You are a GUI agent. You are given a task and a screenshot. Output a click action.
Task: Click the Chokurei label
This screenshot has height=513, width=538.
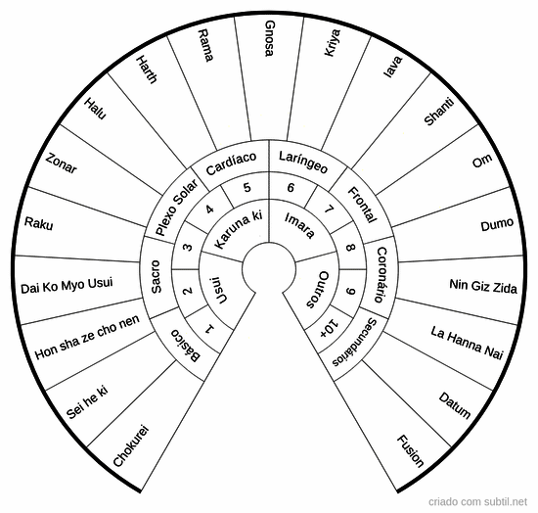[x=131, y=446]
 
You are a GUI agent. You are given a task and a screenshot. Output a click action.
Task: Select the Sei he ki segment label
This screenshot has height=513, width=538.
[x=87, y=402]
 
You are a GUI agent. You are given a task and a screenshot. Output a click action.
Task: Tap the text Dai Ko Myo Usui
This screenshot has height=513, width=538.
[x=67, y=286]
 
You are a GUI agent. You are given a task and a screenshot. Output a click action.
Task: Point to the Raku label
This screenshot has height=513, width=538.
[x=38, y=223]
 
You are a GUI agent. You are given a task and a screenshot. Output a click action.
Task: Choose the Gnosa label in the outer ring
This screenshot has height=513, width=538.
[x=270, y=38]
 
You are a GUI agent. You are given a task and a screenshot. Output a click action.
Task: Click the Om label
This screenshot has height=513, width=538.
[x=482, y=161]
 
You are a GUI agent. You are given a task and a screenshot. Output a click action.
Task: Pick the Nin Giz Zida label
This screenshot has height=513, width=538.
[x=483, y=286]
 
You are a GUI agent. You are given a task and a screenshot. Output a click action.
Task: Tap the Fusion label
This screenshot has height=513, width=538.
[x=411, y=451]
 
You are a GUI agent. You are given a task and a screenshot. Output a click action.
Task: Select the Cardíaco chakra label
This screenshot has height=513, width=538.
[x=231, y=163]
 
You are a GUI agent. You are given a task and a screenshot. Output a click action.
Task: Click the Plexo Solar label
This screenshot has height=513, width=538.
[x=177, y=207]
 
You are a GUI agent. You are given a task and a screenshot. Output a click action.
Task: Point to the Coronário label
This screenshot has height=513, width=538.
[x=381, y=275]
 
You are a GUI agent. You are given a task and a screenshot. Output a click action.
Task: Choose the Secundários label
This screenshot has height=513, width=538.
[x=354, y=343]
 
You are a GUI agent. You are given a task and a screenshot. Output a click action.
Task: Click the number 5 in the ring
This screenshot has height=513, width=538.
[x=247, y=188]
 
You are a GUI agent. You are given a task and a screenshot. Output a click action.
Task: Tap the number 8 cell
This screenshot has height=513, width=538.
[x=350, y=248]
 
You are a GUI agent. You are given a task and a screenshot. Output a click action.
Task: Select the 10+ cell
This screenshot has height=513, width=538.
[x=329, y=328]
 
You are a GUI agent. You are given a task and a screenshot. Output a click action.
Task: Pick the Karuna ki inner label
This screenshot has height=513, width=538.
[x=238, y=229]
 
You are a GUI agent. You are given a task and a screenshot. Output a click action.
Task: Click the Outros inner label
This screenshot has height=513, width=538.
[x=318, y=290]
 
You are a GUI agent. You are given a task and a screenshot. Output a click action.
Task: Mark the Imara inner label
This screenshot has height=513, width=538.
[x=299, y=225]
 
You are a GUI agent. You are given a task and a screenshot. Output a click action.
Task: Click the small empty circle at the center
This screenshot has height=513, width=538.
[x=269, y=268]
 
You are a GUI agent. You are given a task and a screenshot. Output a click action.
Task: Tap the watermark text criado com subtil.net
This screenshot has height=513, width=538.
[x=477, y=501]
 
